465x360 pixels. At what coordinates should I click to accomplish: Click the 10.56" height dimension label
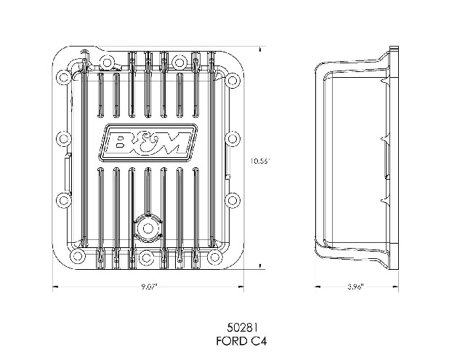coord(260,161)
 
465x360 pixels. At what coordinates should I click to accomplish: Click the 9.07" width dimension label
coord(149,287)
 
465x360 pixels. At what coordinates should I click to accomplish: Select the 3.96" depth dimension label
coord(355,287)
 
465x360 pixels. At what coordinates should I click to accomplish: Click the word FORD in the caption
coord(232,341)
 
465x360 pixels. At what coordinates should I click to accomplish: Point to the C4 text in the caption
coord(259,341)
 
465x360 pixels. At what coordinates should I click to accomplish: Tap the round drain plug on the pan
coord(147,228)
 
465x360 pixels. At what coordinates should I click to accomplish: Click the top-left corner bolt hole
coord(63,78)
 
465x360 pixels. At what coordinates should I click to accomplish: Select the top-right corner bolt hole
coord(232,80)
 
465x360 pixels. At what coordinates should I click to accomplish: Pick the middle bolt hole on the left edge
coord(63,138)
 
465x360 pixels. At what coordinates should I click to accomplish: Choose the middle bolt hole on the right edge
coord(232,139)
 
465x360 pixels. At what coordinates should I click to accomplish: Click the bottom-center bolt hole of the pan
coord(146,257)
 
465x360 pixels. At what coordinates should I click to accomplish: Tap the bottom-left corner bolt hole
coord(78,255)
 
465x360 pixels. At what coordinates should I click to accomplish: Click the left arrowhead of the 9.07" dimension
coord(55,287)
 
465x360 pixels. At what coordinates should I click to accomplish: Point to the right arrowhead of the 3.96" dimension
coord(395,287)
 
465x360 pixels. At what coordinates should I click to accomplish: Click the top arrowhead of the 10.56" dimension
coord(260,49)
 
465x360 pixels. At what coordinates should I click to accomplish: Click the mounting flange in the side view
coord(394,159)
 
